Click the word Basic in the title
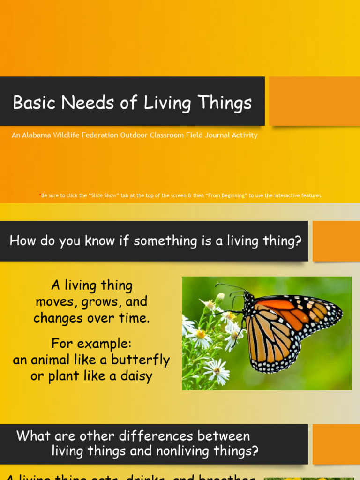[x=33, y=103]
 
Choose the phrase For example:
[x=91, y=343]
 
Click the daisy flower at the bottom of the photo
[x=217, y=370]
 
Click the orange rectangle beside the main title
[x=314, y=101]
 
